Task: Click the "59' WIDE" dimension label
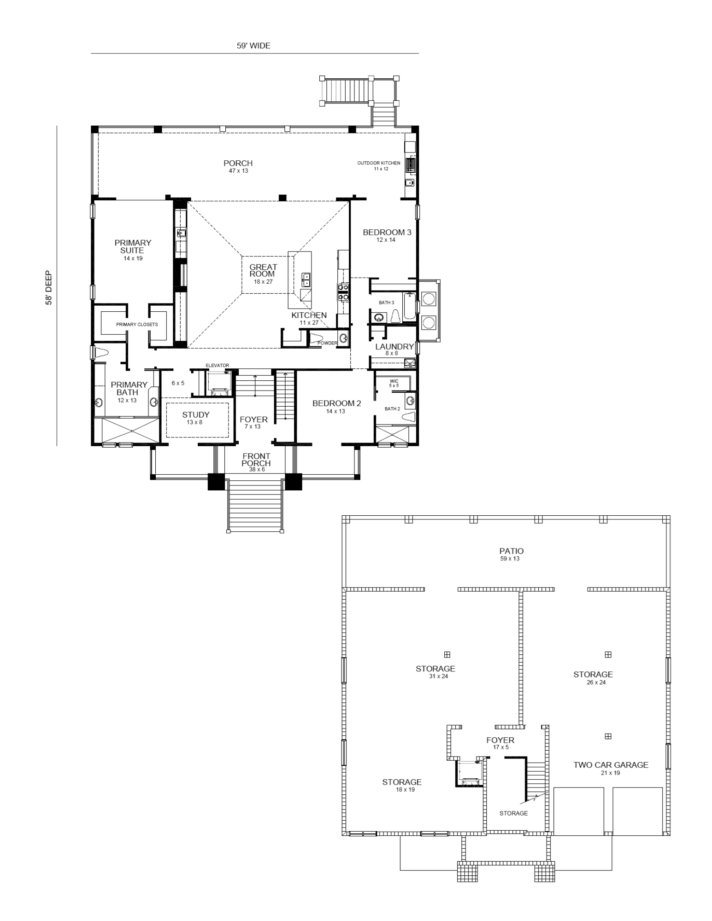pyautogui.click(x=253, y=46)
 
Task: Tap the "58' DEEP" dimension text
pyautogui.click(x=48, y=287)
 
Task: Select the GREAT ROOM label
pyautogui.click(x=263, y=270)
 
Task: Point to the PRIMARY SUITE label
pyautogui.click(x=133, y=246)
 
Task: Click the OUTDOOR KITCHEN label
pyautogui.click(x=379, y=163)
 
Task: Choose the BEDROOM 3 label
pyautogui.click(x=387, y=232)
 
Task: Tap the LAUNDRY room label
pyautogui.click(x=394, y=346)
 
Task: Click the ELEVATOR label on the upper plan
pyautogui.click(x=217, y=365)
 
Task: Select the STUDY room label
pyautogui.click(x=196, y=414)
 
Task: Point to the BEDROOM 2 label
pyautogui.click(x=336, y=403)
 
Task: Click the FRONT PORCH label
pyautogui.click(x=256, y=460)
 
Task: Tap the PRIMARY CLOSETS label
pyautogui.click(x=137, y=324)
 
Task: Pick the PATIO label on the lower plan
pyautogui.click(x=512, y=551)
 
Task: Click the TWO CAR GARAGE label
pyautogui.click(x=611, y=765)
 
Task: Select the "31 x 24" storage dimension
pyautogui.click(x=438, y=676)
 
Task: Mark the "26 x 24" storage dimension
pyautogui.click(x=596, y=682)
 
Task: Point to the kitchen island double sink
pyautogui.click(x=306, y=279)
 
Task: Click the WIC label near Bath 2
pyautogui.click(x=394, y=381)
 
